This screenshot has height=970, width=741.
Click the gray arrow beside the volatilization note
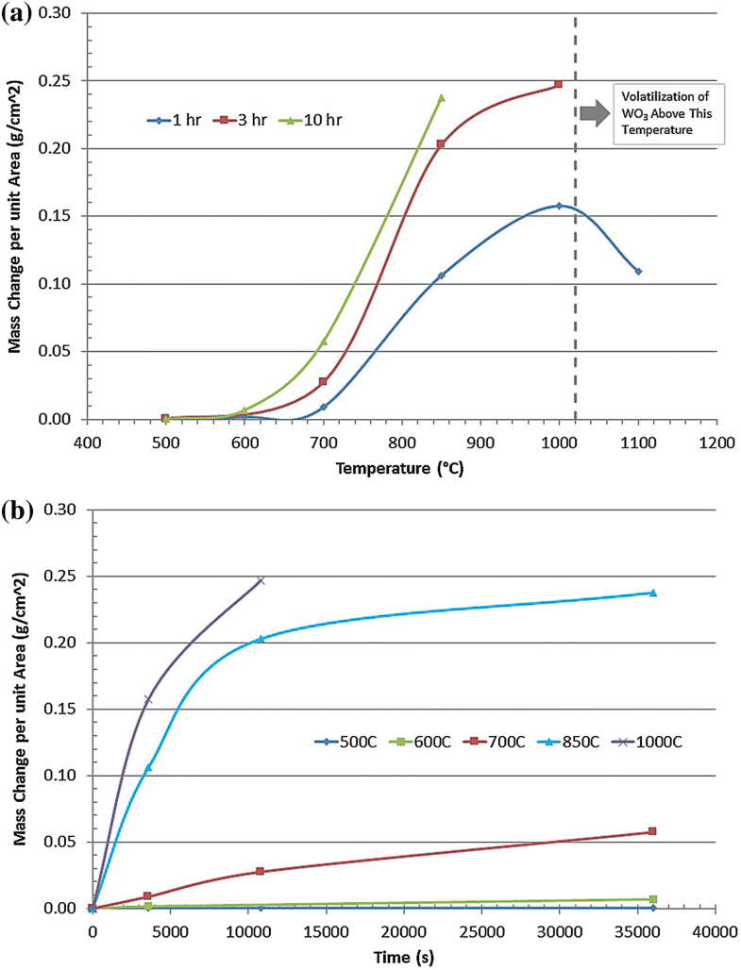click(x=595, y=112)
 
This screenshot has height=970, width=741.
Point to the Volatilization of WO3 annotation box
click(x=668, y=113)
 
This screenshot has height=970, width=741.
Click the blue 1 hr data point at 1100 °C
click(x=638, y=271)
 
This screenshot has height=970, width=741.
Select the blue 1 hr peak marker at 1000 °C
click(x=559, y=206)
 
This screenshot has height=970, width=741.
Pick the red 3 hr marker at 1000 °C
click(x=559, y=84)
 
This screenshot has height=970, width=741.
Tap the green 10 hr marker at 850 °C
click(x=441, y=97)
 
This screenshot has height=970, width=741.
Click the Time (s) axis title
click(x=401, y=956)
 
